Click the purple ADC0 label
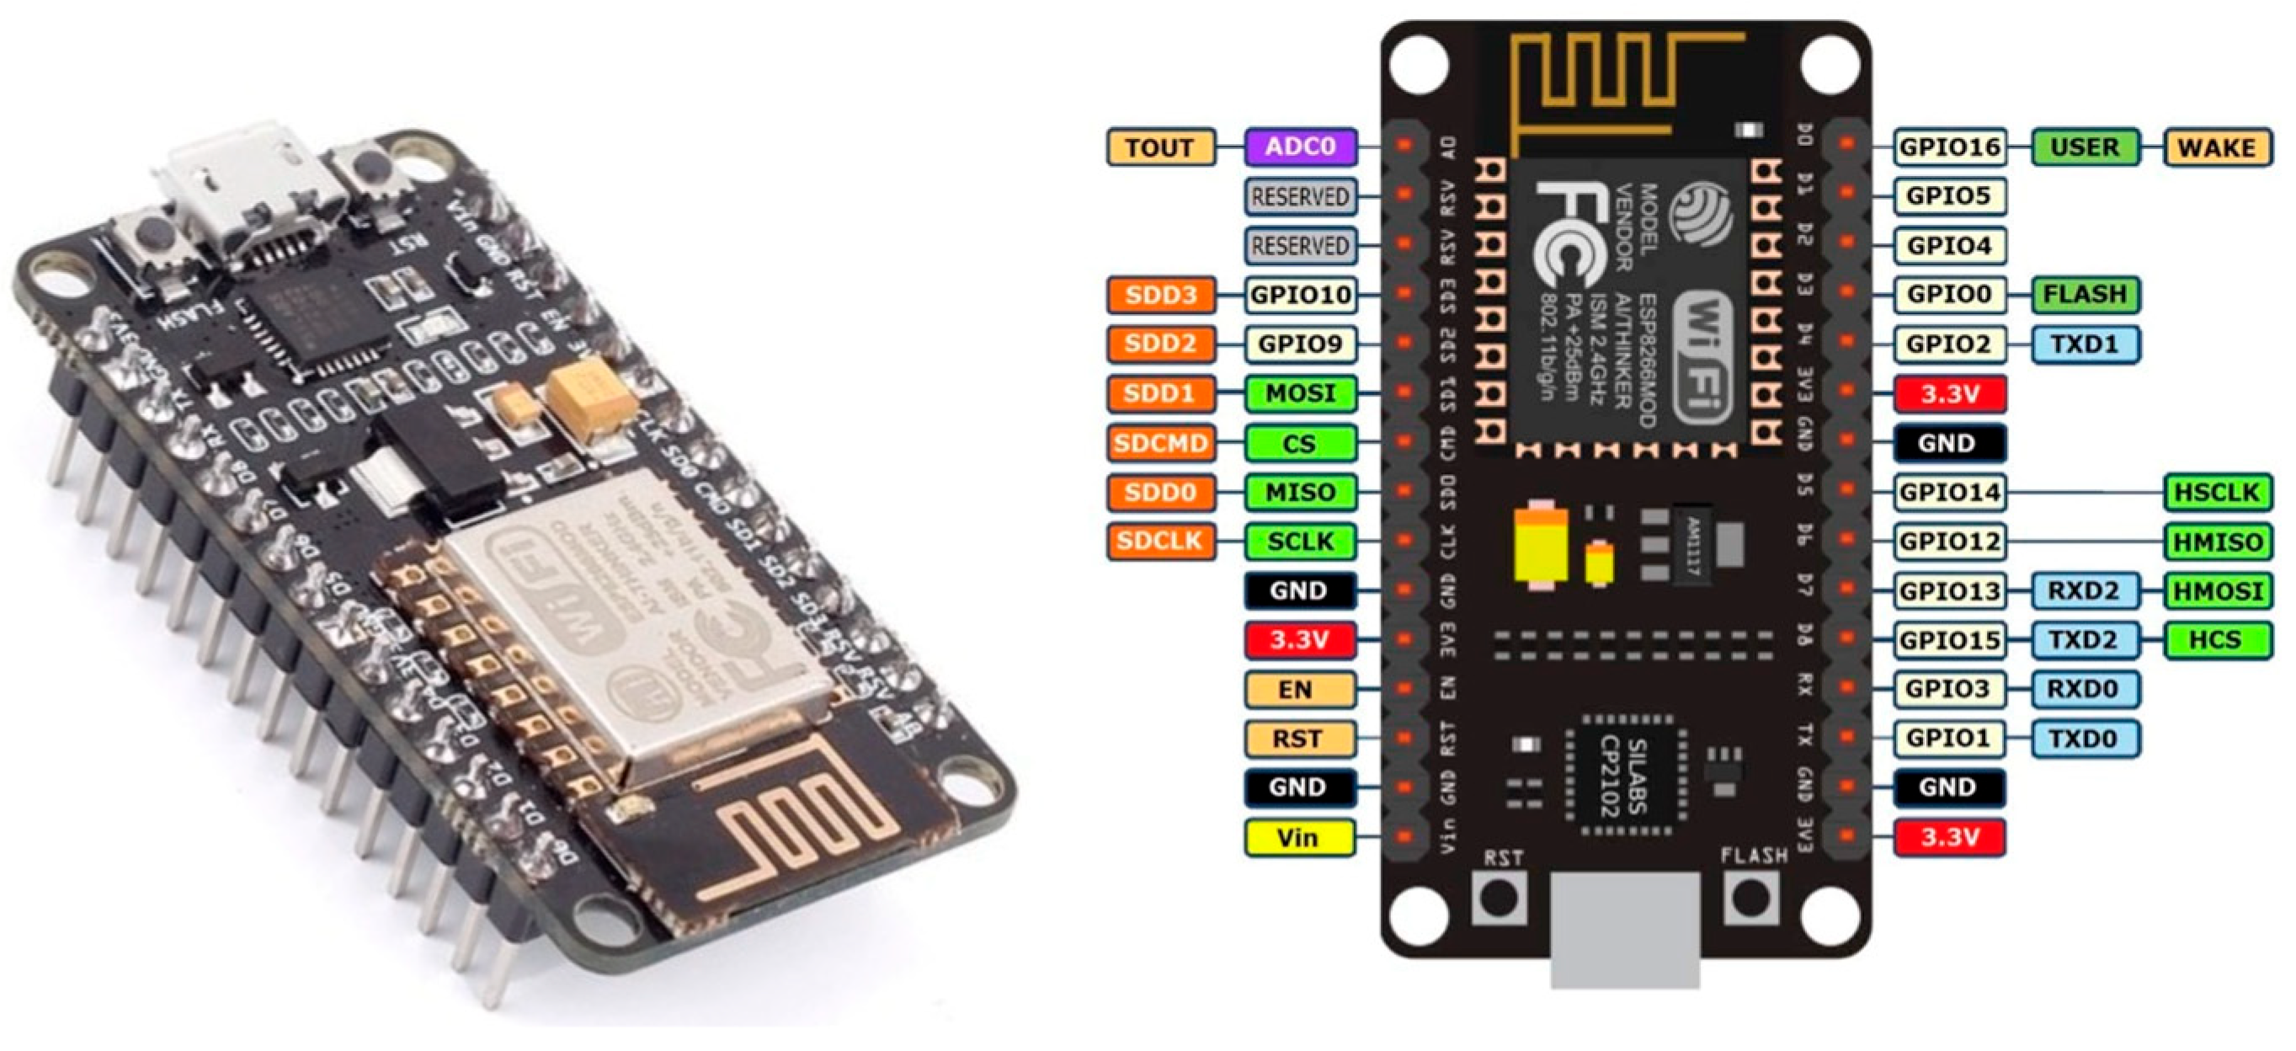tap(1301, 147)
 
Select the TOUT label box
tap(1160, 147)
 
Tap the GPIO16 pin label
tap(1950, 147)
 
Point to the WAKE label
tap(2218, 147)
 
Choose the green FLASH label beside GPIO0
tap(2085, 294)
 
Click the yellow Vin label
tap(1298, 837)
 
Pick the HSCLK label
tap(2218, 492)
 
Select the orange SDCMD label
tap(1160, 442)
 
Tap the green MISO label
tap(1301, 492)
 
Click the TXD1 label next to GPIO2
tap(2085, 344)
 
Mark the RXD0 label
tap(2085, 688)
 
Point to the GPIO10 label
tap(1301, 294)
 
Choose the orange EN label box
tap(1298, 689)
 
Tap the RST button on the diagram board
tap(1500, 898)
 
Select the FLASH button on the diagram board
tap(1750, 898)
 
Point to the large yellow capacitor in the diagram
tap(1541, 547)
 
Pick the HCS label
tap(2218, 639)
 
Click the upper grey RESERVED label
tap(1301, 197)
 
